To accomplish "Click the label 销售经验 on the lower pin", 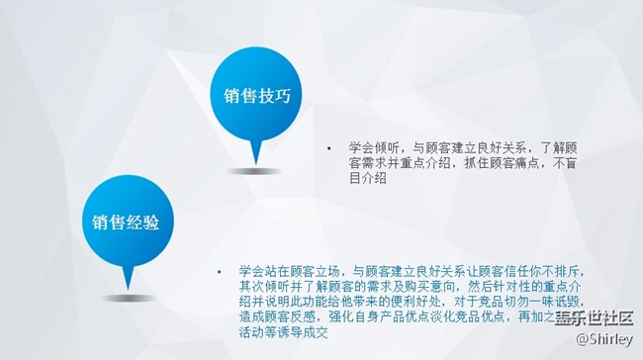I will click(127, 220).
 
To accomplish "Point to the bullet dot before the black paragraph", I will click(328, 146).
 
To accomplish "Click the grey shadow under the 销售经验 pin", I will click(130, 296).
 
